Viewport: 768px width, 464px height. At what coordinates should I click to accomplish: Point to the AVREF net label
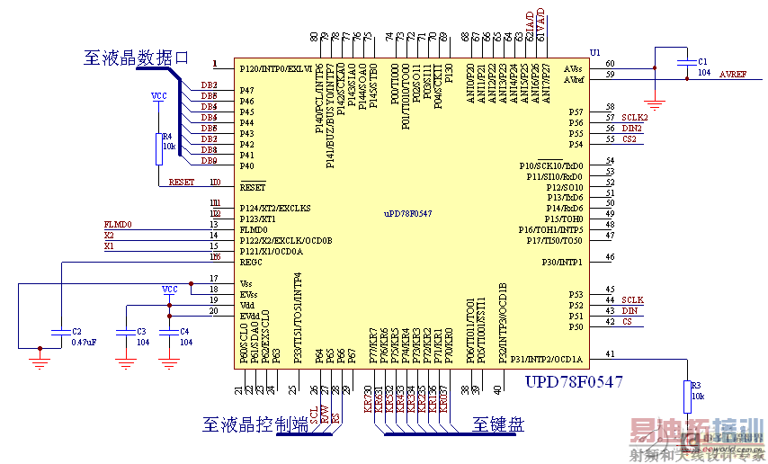[733, 75]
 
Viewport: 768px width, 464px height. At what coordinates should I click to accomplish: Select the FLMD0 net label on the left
[118, 224]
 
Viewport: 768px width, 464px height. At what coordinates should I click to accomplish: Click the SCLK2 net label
[634, 117]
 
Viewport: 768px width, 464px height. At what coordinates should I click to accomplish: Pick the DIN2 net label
[632, 128]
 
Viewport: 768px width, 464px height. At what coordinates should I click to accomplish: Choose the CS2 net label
[630, 138]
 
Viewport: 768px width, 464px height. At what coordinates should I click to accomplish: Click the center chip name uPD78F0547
[408, 212]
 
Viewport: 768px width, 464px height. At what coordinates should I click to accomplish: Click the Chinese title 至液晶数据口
[136, 57]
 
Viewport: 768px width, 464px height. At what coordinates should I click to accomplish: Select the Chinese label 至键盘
[498, 424]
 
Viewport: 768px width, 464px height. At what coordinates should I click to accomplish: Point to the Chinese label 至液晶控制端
[255, 424]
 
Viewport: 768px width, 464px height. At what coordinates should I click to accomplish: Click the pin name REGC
[252, 261]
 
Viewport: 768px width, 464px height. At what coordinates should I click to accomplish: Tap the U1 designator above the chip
[594, 52]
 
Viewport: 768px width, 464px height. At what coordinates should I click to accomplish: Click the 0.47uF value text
[84, 343]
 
